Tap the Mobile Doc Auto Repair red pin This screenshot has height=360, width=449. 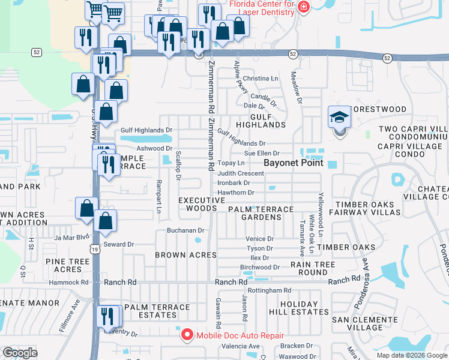coord(187,335)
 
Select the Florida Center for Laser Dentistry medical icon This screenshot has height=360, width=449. coord(304,7)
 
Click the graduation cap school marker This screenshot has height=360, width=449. coord(339,117)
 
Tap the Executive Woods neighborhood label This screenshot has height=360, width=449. coord(197,204)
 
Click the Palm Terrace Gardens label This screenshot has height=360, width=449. coord(261,213)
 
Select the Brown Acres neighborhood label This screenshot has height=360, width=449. coord(185,255)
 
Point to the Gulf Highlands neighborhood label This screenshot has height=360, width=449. coord(260,120)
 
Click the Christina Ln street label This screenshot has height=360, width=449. coord(261,79)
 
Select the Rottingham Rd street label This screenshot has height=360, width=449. coord(270,290)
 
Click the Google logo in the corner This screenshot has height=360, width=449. coord(20,353)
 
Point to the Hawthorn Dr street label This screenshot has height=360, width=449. coord(236,193)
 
